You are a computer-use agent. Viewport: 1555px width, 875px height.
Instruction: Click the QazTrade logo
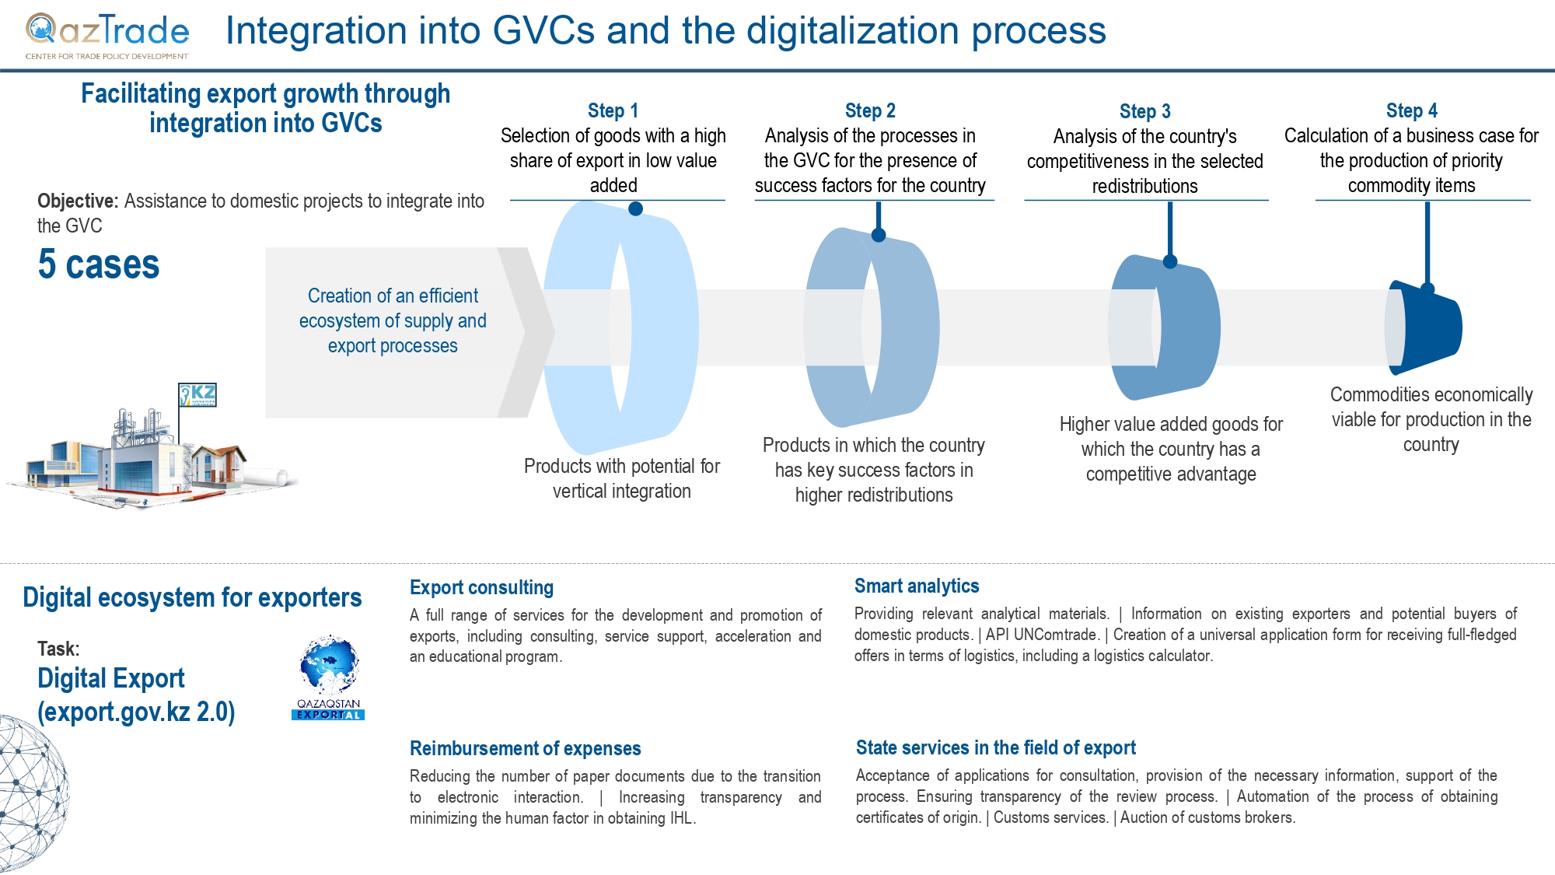(107, 36)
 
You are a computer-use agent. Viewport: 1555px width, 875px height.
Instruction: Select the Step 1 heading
(613, 110)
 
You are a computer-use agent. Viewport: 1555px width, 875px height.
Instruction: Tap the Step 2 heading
(870, 110)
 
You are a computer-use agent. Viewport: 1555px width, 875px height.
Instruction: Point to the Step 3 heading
(1144, 111)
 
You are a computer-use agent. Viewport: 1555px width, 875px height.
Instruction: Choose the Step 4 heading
(1411, 110)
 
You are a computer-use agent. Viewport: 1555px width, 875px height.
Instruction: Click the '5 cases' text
(99, 264)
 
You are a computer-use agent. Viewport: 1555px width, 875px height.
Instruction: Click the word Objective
(78, 201)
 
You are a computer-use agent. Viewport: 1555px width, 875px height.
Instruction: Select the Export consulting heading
(482, 587)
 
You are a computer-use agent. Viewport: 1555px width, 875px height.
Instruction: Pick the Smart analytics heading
(917, 586)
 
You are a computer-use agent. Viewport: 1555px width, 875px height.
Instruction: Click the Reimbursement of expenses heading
(526, 748)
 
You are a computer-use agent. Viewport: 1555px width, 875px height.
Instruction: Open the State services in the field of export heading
(996, 747)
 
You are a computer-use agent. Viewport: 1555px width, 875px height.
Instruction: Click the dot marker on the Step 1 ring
(635, 208)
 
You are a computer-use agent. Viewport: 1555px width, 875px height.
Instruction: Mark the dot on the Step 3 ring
(1170, 261)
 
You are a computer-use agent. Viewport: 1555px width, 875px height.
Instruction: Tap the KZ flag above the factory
(197, 395)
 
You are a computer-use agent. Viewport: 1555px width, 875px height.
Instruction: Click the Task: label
(58, 649)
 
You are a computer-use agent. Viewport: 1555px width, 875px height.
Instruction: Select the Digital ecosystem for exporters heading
(192, 597)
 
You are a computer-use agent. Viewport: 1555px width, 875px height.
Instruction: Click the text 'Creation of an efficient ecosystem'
(393, 308)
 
